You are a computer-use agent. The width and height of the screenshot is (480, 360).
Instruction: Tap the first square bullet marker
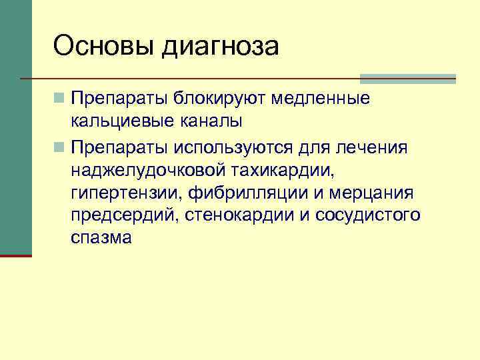[x=60, y=99]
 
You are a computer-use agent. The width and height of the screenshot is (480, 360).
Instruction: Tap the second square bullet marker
[x=60, y=146]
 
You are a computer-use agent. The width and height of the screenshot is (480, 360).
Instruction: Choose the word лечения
[x=377, y=146]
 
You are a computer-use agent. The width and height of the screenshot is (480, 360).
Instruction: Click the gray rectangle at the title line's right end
[x=407, y=79]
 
